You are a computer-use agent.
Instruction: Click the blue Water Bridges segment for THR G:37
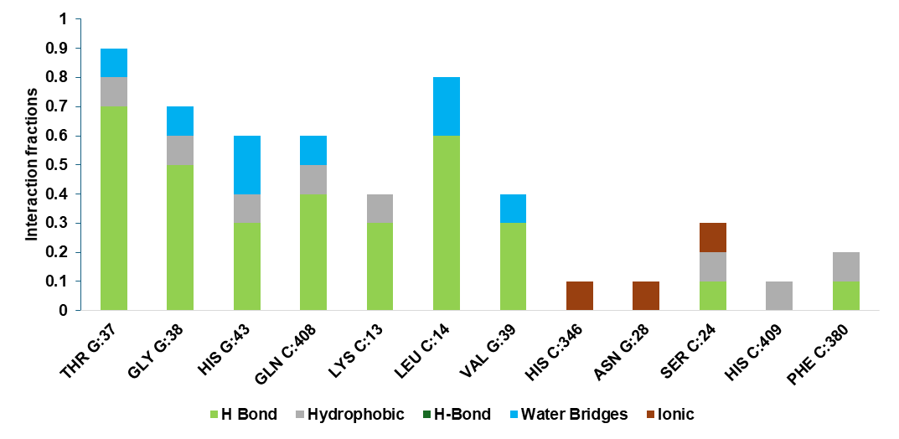pos(113,63)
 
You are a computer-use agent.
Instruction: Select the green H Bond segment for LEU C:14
pos(447,223)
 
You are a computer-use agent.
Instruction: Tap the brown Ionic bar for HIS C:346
pos(580,296)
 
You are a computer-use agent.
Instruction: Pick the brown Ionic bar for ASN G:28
pos(646,296)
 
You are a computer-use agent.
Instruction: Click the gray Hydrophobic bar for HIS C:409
pos(779,296)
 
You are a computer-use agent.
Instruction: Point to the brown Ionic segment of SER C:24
pos(713,237)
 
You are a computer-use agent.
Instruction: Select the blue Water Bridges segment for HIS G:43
pos(247,165)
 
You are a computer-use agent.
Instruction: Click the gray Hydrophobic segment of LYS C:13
pos(380,209)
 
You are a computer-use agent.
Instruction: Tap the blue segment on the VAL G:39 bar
pos(513,209)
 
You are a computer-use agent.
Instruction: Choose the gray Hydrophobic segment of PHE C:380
pos(846,266)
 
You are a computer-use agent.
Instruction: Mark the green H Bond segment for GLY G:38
pos(180,238)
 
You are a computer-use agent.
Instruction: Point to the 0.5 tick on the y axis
pos(64,165)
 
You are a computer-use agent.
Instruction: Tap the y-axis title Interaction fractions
pos(31,165)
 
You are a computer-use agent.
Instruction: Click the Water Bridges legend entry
pos(575,414)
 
